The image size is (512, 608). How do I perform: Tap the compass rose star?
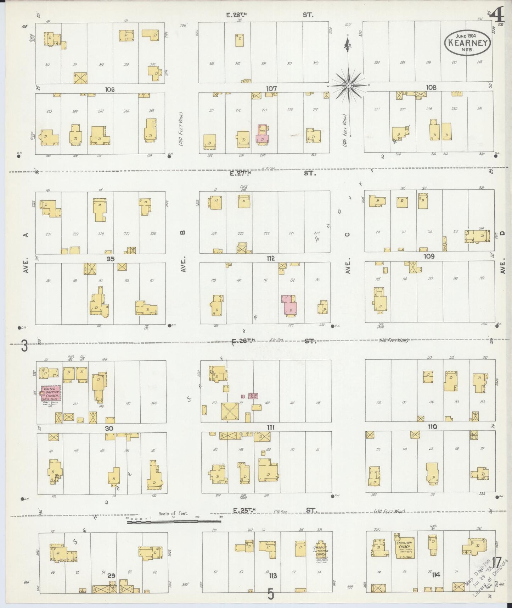click(349, 85)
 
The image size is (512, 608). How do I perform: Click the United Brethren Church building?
click(50, 393)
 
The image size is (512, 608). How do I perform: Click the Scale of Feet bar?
click(174, 521)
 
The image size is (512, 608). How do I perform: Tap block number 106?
click(110, 90)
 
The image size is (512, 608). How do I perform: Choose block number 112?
click(271, 258)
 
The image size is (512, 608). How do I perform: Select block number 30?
click(109, 429)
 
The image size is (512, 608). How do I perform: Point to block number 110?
click(432, 427)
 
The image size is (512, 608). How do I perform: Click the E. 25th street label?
click(244, 510)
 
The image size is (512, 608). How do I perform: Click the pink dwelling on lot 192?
click(290, 306)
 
